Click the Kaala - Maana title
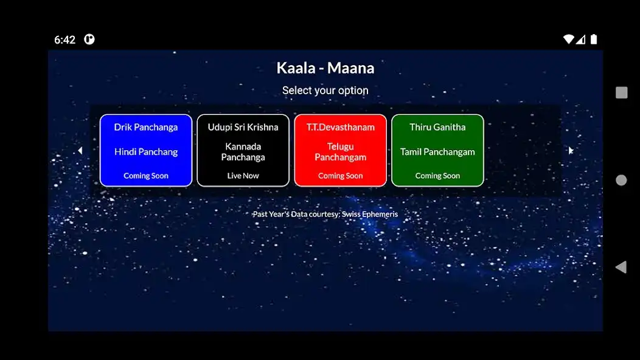[325, 68]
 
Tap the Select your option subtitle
[325, 91]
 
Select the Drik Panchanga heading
[146, 127]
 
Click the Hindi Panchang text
[146, 152]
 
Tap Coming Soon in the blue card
[146, 176]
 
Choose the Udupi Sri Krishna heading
[243, 127]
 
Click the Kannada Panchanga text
[243, 152]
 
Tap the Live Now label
[243, 176]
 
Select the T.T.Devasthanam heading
[340, 127]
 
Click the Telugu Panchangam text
[340, 152]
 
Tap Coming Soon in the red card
[340, 176]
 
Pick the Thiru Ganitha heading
[437, 127]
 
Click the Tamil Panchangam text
[437, 152]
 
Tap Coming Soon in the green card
[437, 176]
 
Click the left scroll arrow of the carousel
[80, 151]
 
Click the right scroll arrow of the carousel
[570, 151]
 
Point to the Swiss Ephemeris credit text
[325, 214]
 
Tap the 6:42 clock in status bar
[64, 40]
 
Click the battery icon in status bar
[594, 40]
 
